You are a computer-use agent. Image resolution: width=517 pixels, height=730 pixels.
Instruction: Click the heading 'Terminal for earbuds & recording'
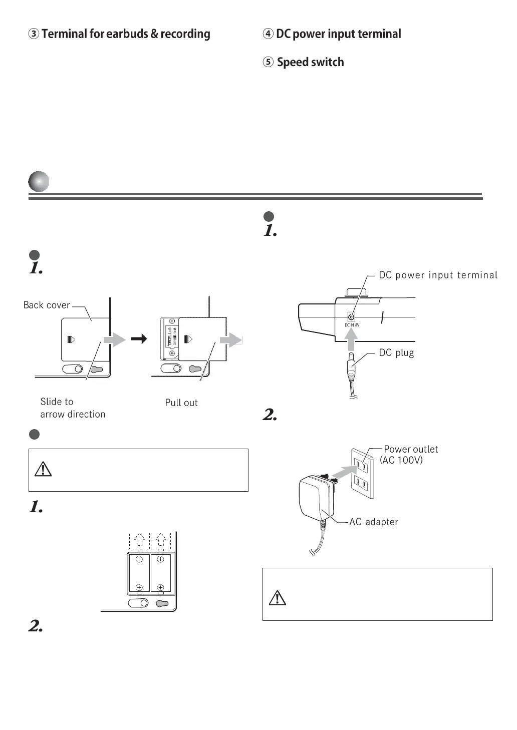[x=120, y=34]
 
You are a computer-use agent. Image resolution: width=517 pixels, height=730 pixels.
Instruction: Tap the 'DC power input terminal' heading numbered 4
[x=332, y=34]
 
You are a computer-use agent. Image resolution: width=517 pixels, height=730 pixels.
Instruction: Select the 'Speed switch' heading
[x=304, y=62]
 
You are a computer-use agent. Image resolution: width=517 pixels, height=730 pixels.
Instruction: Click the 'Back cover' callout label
[x=47, y=305]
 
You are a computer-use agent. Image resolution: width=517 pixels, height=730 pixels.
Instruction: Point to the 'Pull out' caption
[x=181, y=403]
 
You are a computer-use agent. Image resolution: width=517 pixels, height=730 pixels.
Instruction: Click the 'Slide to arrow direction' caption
[x=73, y=408]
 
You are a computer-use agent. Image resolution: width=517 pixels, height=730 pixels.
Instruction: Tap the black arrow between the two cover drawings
[x=139, y=339]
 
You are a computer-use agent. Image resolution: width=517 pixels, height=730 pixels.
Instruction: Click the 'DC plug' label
[x=396, y=352]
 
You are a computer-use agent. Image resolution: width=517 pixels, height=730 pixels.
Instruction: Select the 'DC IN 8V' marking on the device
[x=352, y=325]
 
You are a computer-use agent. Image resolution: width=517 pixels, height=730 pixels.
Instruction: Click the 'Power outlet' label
[x=411, y=449]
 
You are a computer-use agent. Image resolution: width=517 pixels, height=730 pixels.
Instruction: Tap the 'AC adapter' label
[x=374, y=522]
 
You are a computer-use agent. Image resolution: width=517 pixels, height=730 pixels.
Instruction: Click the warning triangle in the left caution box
[x=43, y=469]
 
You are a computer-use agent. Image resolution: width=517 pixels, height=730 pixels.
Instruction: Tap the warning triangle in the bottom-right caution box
[x=278, y=597]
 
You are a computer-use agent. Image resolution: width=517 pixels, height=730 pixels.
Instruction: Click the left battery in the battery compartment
[x=139, y=573]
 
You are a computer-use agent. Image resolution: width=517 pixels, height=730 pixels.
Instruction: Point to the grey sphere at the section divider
[x=39, y=181]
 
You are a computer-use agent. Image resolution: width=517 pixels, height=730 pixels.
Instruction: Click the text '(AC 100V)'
[x=401, y=460]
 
